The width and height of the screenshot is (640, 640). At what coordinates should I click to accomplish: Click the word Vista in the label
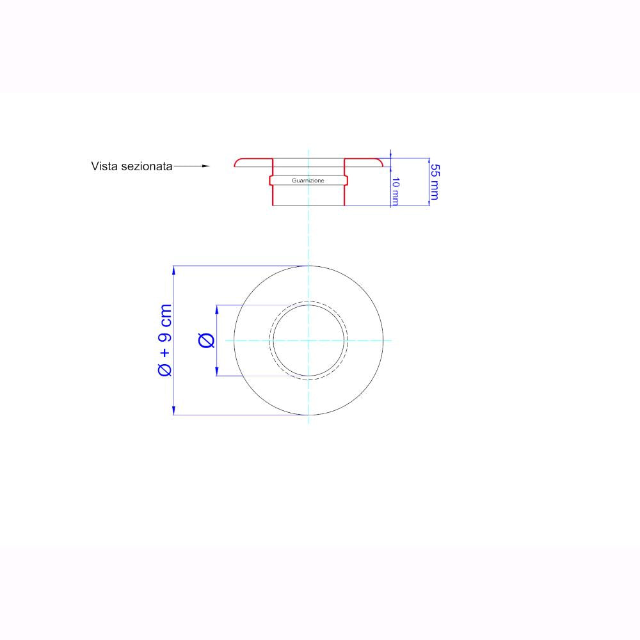104,166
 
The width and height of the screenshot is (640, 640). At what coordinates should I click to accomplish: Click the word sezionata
147,166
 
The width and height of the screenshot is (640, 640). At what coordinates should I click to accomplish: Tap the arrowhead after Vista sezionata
206,166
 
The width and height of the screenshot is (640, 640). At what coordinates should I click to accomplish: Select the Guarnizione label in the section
308,180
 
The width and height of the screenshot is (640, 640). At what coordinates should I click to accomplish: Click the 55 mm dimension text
435,182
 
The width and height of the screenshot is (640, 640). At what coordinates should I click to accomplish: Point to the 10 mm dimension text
395,191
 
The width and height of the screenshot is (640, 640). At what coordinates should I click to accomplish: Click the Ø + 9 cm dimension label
165,340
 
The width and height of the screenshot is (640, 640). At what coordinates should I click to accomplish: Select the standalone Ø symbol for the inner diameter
206,340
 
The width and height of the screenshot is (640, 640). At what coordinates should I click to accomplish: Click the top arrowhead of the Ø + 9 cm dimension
174,271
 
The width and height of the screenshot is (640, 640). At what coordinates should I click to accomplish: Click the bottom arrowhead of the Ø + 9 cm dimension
174,410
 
